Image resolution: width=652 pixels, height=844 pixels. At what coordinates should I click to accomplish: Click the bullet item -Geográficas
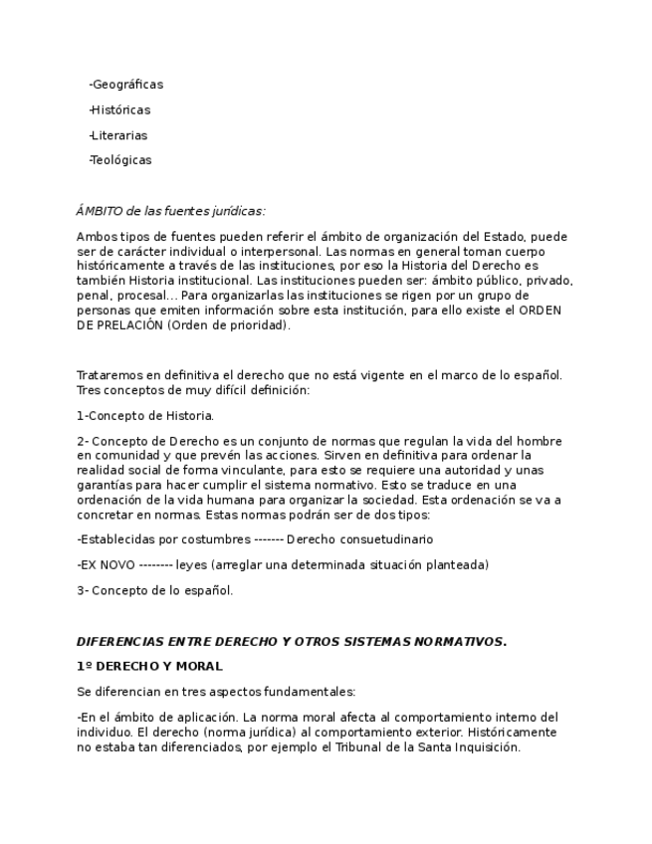[125, 85]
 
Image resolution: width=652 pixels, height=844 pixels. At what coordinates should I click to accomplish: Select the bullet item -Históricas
[119, 109]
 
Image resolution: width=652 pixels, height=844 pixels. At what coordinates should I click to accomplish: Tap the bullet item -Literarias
[117, 135]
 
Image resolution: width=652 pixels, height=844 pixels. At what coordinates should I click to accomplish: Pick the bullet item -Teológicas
[119, 160]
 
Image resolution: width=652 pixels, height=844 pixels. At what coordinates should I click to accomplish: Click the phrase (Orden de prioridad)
[228, 324]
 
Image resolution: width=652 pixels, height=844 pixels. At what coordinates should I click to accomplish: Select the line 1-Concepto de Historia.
[145, 416]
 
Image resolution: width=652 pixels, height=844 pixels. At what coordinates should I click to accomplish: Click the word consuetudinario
[383, 539]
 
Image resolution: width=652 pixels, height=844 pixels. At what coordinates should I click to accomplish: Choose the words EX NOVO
[108, 565]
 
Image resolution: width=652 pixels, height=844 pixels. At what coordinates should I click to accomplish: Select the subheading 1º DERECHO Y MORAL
[149, 666]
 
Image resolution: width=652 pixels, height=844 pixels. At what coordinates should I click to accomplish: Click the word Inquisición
[487, 746]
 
